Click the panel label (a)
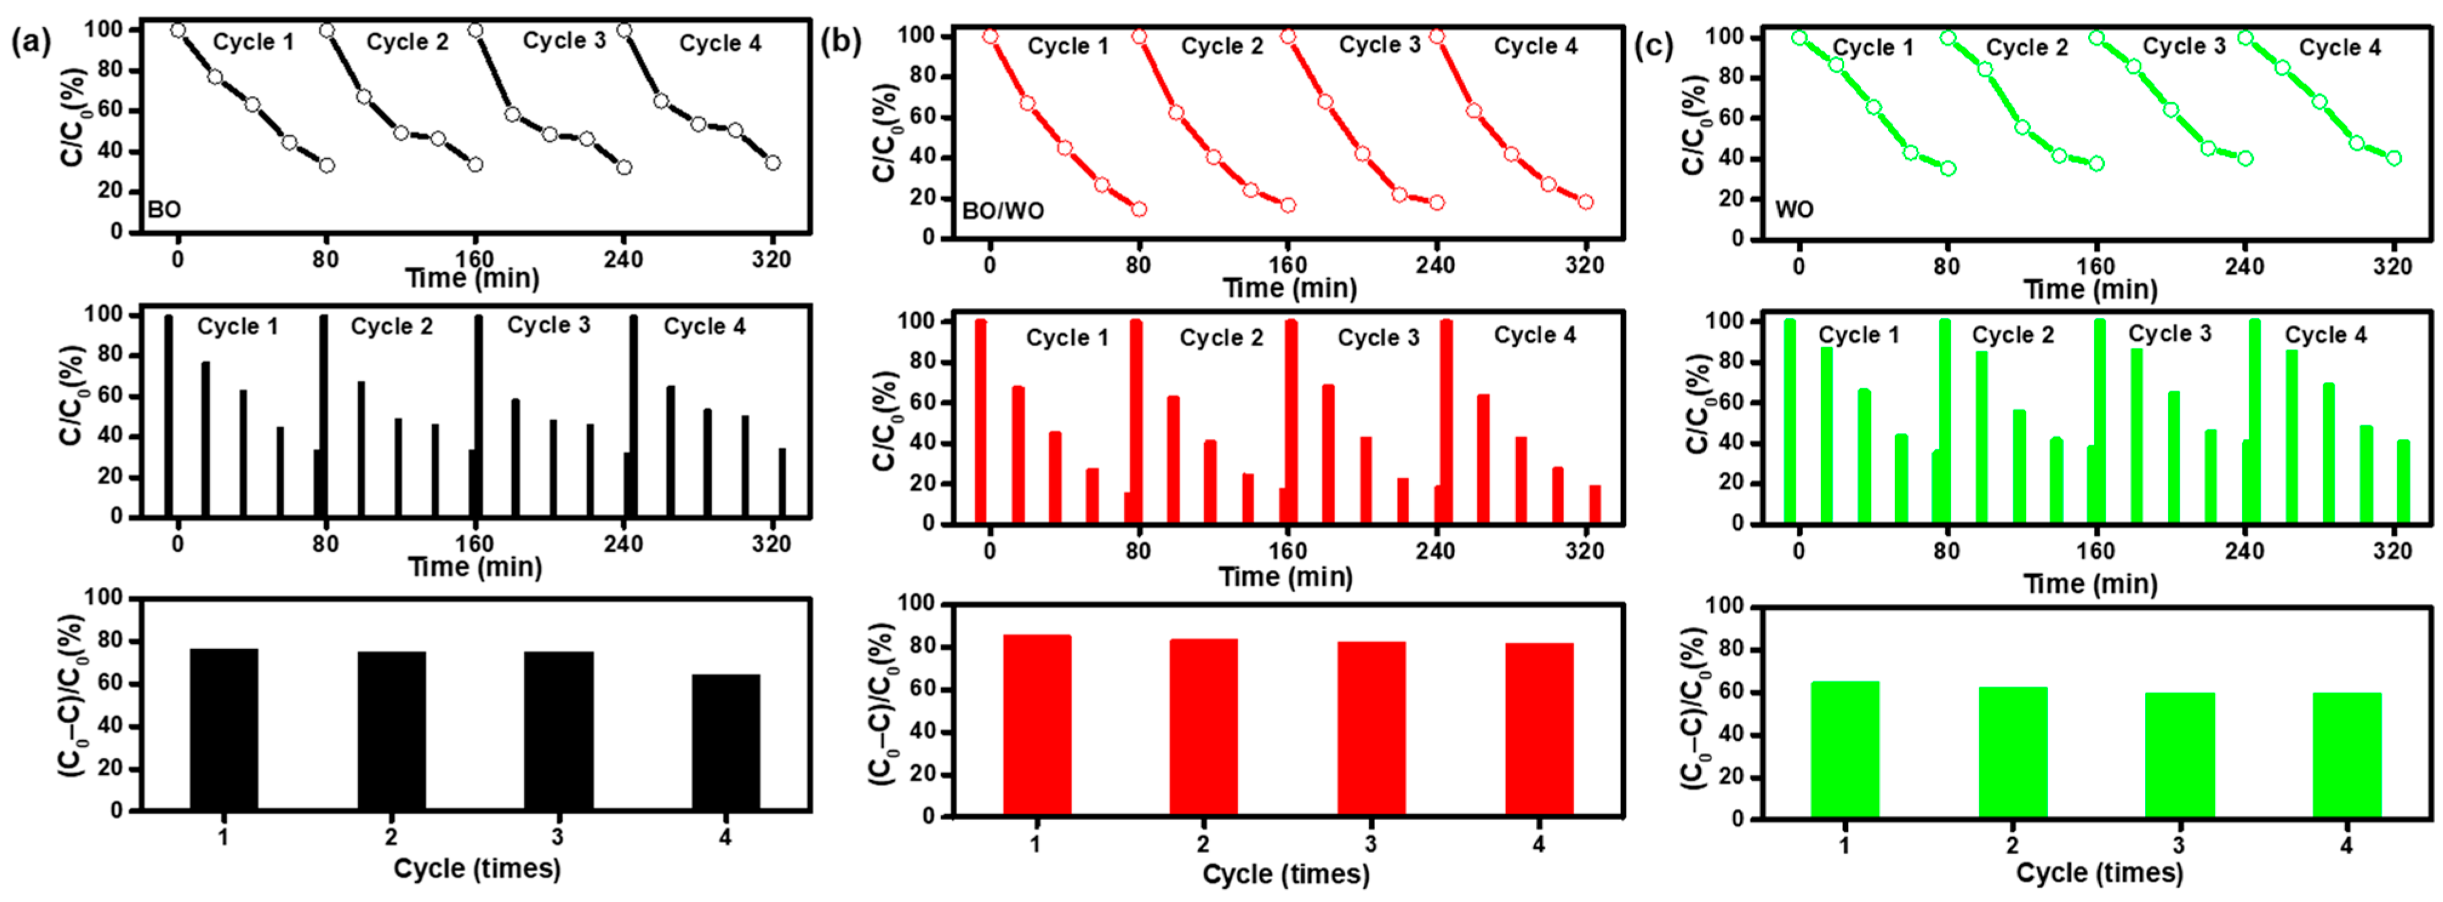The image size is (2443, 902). click(x=27, y=42)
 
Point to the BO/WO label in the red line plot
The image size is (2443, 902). click(x=1002, y=210)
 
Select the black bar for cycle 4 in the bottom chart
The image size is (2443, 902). click(x=725, y=742)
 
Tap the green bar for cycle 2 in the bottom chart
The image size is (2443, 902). click(x=2013, y=751)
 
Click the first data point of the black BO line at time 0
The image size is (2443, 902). click(x=178, y=30)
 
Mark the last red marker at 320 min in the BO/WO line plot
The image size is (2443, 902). click(x=1585, y=202)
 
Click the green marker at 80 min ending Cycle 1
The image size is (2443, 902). click(x=1948, y=169)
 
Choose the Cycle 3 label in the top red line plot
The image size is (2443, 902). click(x=1379, y=45)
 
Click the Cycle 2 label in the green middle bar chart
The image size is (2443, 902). click(x=2013, y=335)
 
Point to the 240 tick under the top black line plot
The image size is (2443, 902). click(x=623, y=258)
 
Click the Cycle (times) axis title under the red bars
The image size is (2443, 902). click(x=1286, y=874)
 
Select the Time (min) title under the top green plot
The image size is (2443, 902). click(x=2090, y=289)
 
